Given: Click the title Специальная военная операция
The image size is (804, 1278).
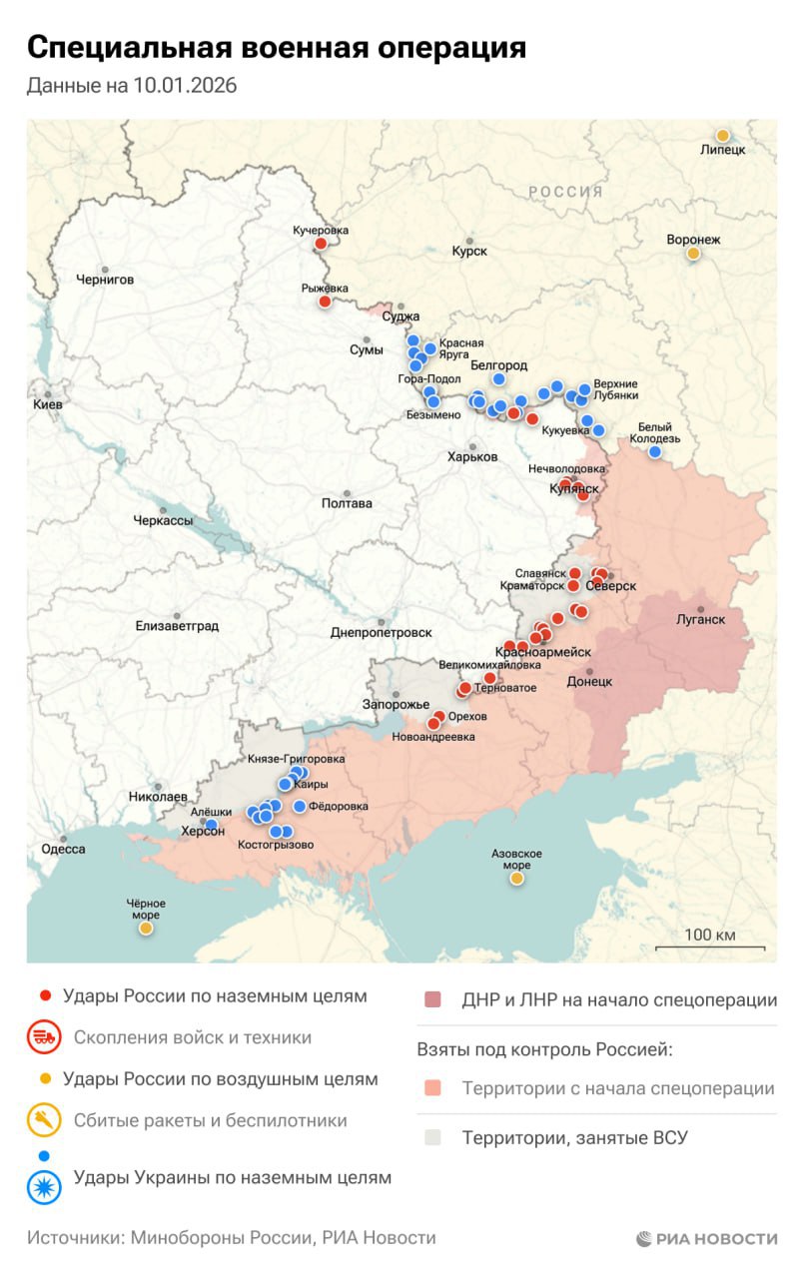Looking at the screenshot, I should click(x=276, y=48).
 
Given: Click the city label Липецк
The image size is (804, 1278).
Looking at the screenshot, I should click(x=722, y=150).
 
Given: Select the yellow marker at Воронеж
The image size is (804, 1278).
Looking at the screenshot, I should click(x=693, y=254).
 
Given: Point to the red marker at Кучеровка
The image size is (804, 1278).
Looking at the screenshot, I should click(x=321, y=244).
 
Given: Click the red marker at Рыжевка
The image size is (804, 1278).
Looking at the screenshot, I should click(x=325, y=302).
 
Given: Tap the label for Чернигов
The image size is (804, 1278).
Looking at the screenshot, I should click(x=105, y=280).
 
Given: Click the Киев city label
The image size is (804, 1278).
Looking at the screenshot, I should click(x=47, y=404).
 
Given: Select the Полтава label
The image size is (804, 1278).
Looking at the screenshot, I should click(x=347, y=503).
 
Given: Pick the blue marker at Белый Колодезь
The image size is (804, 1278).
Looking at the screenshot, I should click(x=655, y=452).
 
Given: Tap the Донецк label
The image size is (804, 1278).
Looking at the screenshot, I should click(x=589, y=682).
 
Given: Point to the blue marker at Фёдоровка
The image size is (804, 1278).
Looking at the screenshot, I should click(x=299, y=807).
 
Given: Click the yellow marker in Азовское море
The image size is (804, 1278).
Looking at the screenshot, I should click(x=516, y=879).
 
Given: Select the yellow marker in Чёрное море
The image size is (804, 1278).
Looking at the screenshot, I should click(x=146, y=928).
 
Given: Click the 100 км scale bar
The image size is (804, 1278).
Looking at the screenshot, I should click(x=710, y=947).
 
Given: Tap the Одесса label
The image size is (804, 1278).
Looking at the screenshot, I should click(x=63, y=850).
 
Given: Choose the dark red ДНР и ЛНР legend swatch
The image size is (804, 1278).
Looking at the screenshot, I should click(x=431, y=1000).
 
